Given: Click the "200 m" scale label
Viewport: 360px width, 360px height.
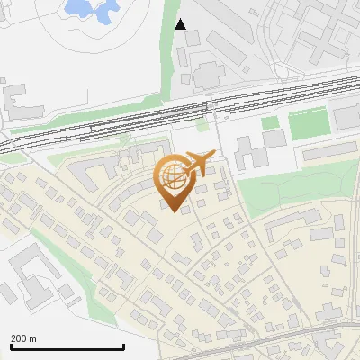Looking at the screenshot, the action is pos(23,338).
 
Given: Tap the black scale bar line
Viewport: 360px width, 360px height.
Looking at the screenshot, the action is pos(67,346).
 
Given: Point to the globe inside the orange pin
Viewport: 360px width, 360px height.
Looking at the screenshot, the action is pos(173,176).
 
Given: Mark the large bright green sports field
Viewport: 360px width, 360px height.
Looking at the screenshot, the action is pos(308,125).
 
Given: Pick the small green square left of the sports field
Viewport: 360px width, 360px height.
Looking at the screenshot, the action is pos(270,122).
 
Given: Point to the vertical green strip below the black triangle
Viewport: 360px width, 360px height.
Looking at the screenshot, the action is pos(166,63).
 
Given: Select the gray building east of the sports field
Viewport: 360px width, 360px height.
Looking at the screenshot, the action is pos(346,117).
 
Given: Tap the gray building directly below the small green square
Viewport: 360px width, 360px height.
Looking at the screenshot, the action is pos(274,139).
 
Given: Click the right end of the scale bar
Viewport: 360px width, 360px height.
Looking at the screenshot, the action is pos(123,346).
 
